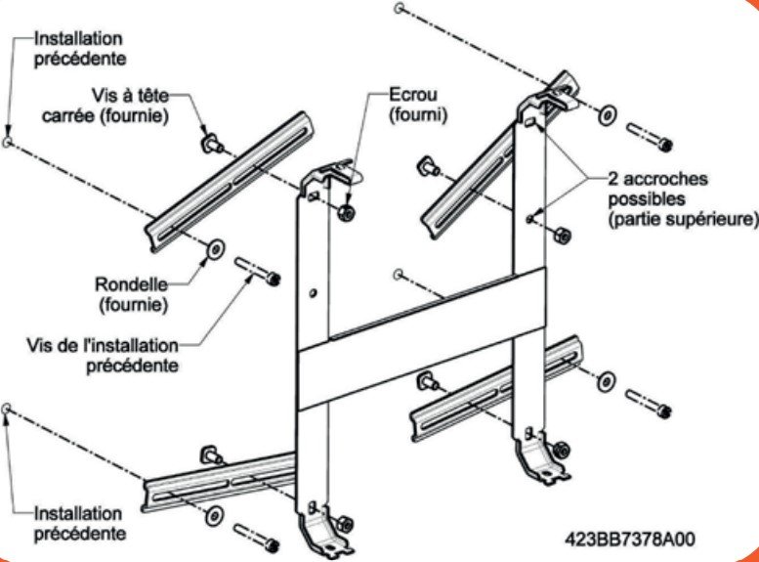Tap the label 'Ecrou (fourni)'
click(x=414, y=106)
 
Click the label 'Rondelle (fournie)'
click(x=133, y=294)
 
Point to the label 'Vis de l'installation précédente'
click(x=105, y=355)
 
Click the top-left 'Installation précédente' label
click(x=79, y=49)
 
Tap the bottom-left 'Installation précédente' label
click(x=79, y=524)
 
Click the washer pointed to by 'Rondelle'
click(x=213, y=251)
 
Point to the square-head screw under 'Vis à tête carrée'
click(x=209, y=145)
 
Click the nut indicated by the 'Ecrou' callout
click(x=348, y=213)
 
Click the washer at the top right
click(x=607, y=114)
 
